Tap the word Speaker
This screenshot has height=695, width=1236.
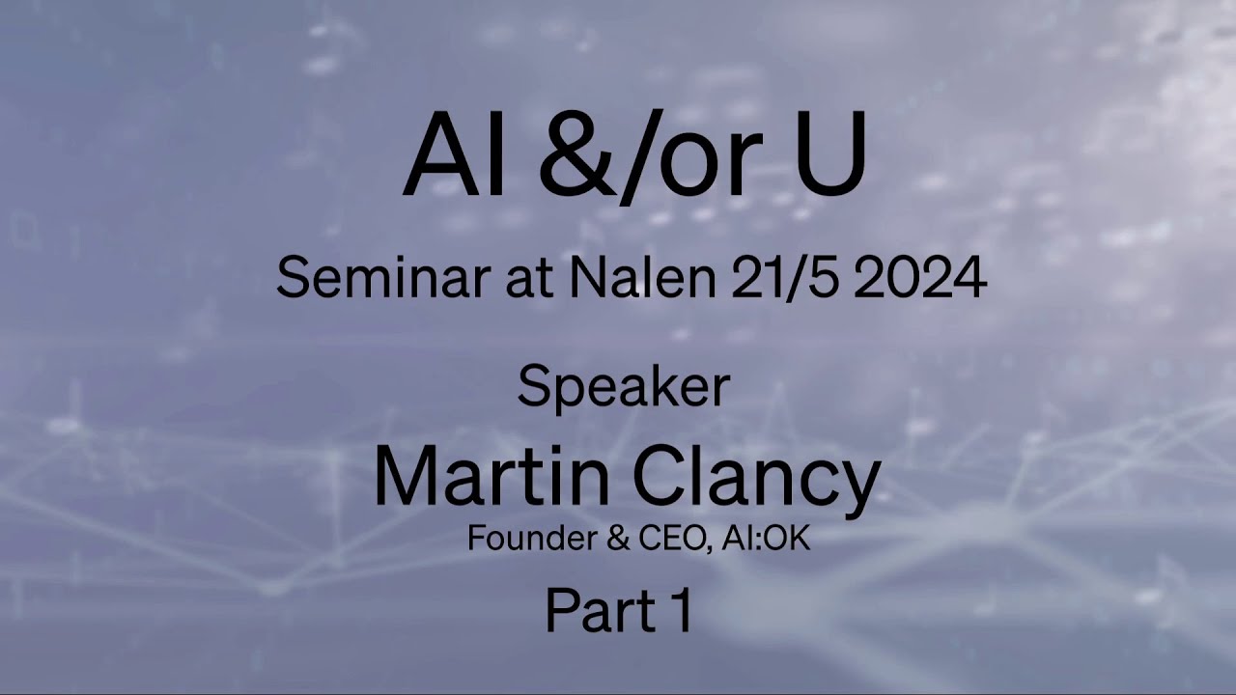point(623,387)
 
